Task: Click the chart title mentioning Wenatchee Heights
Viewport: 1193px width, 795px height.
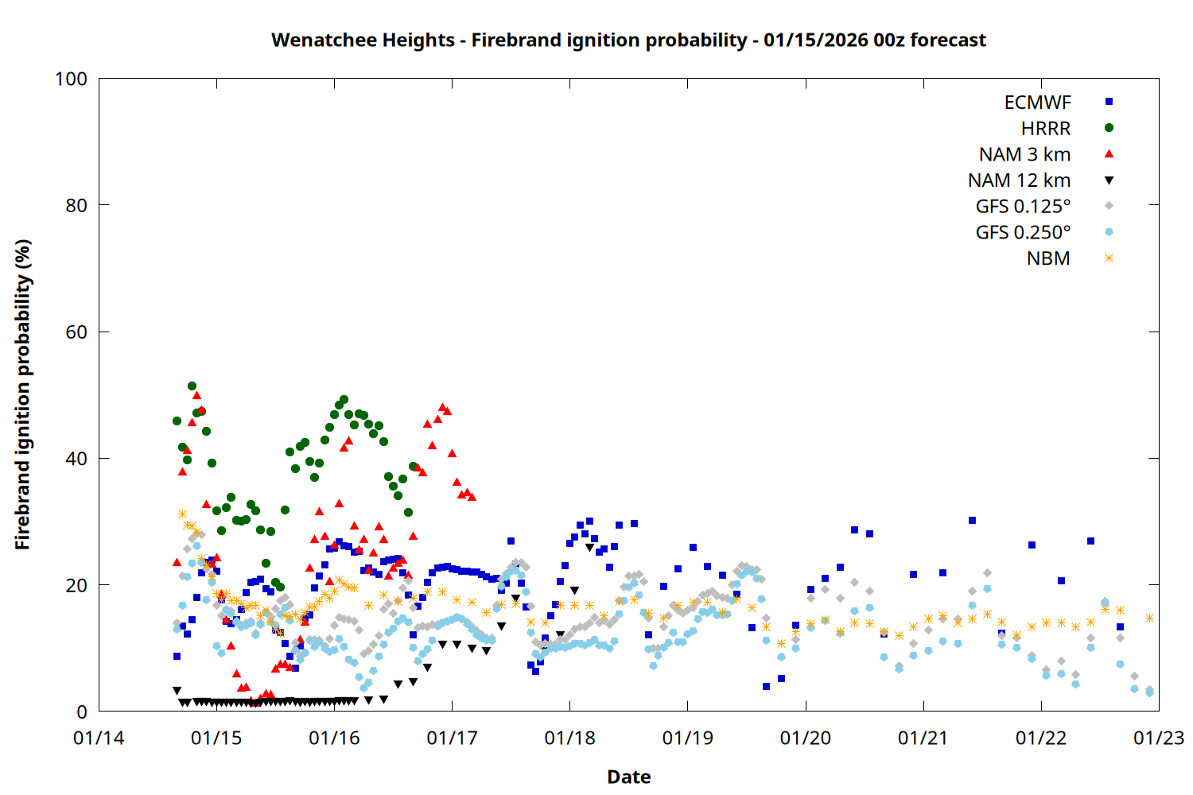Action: (x=628, y=40)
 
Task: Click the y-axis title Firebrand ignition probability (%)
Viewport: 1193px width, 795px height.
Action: (x=22, y=394)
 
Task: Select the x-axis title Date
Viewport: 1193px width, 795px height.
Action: (x=628, y=777)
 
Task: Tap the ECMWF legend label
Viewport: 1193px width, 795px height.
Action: (x=1037, y=103)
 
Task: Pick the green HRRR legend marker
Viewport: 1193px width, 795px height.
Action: (x=1109, y=128)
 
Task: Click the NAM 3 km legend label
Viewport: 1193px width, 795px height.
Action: (x=1024, y=154)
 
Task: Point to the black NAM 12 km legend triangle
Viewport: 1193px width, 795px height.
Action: (x=1109, y=180)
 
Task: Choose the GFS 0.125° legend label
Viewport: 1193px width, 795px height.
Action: (x=1023, y=207)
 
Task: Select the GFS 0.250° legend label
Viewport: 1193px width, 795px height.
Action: (x=1023, y=233)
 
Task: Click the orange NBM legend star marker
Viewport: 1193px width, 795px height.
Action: (x=1109, y=258)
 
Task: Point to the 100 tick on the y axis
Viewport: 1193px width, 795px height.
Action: (x=71, y=79)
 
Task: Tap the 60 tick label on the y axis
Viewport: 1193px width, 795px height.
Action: (x=76, y=332)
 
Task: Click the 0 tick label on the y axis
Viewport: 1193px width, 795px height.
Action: (x=82, y=712)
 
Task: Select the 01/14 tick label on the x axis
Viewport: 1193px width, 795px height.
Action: (x=99, y=739)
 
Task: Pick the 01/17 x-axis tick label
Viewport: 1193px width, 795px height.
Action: (x=452, y=739)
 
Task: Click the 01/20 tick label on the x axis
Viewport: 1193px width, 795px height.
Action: (x=806, y=739)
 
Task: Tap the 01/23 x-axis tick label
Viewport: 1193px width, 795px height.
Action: (x=1159, y=739)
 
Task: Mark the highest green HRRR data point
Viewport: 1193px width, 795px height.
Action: (x=192, y=386)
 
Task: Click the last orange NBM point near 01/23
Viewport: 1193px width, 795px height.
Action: (x=1149, y=618)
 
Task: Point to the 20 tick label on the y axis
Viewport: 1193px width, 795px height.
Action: (x=76, y=586)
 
